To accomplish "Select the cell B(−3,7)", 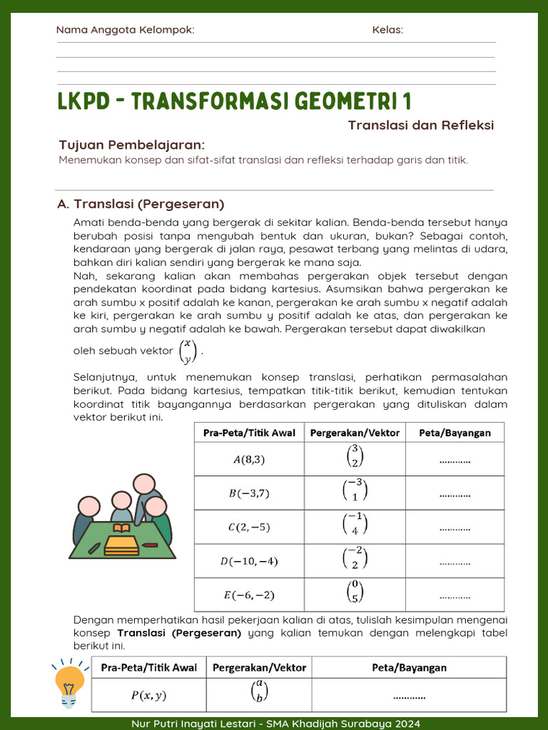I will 249,493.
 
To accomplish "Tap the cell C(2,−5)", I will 249,527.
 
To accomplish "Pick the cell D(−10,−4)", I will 249,561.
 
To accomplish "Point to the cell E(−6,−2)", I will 249,595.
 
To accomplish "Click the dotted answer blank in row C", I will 455,528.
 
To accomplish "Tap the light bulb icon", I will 69,683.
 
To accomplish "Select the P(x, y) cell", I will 148,695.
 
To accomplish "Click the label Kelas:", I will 387,30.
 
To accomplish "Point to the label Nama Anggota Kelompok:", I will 125,30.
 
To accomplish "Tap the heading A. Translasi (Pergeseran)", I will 141,204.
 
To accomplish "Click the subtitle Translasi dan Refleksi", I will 421,125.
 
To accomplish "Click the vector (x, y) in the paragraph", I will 188,351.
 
